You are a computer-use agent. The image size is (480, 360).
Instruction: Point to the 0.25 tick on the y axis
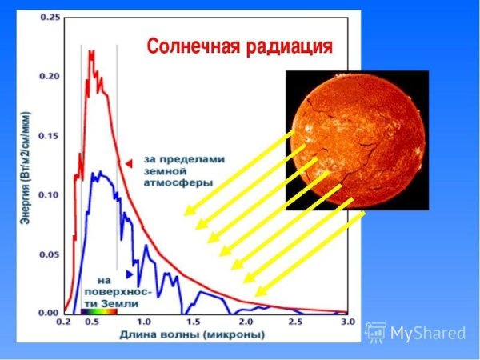coord(50,18)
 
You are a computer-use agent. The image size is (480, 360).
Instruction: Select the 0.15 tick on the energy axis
coord(50,136)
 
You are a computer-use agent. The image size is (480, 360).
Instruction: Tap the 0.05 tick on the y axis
coord(50,254)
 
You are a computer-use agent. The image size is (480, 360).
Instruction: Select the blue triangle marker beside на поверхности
coord(130,274)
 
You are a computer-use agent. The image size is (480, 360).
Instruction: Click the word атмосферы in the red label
coord(178,182)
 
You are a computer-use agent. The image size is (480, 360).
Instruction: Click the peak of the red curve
coord(90,52)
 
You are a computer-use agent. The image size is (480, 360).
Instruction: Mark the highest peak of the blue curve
coord(95,172)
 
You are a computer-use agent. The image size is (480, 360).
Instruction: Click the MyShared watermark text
coord(426,332)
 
